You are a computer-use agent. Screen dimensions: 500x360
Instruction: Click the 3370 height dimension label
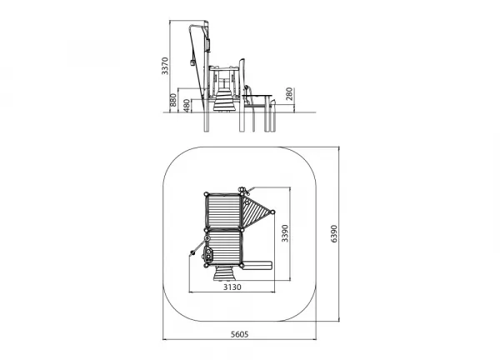tap(164, 66)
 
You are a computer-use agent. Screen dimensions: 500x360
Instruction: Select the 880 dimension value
tap(172, 100)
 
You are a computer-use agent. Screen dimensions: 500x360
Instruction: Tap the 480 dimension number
tap(187, 106)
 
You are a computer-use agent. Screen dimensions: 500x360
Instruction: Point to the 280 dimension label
tap(289, 94)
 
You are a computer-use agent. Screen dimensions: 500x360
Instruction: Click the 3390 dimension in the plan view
tap(285, 233)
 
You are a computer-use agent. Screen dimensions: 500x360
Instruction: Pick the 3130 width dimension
tap(232, 287)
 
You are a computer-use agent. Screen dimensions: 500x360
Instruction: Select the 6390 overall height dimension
tap(334, 233)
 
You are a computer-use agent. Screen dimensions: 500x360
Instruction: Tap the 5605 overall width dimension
tap(239, 334)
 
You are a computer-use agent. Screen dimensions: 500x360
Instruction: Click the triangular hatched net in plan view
tap(254, 212)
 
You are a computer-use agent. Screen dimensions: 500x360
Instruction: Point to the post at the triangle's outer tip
tap(272, 212)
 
